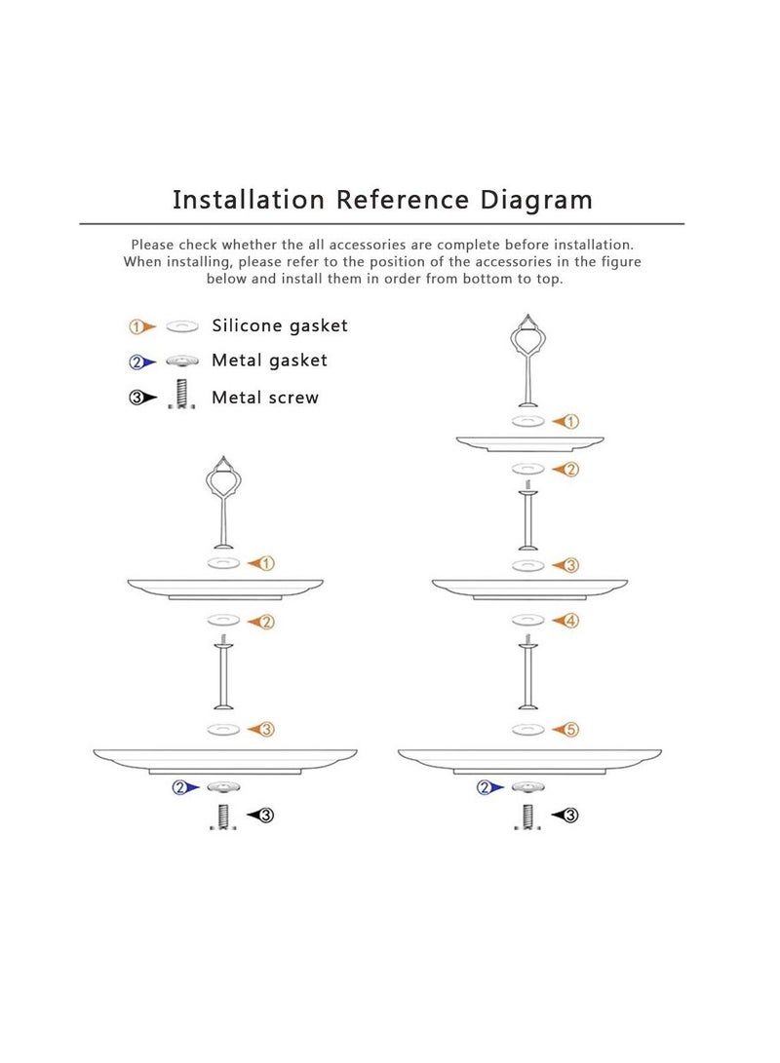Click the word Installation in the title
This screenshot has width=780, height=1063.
pos(248,200)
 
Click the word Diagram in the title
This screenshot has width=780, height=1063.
pos(537,200)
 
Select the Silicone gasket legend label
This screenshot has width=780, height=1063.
pos(279,325)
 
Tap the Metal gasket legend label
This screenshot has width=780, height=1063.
pos(269,361)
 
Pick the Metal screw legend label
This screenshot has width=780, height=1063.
pos(264,397)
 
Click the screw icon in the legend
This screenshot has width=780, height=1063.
pos(179,394)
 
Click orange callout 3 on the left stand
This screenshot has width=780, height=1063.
pos(266,730)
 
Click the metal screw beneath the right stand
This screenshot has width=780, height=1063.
pos(527,816)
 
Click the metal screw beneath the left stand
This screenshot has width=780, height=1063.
pos(222,816)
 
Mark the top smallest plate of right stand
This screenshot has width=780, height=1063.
pos(527,442)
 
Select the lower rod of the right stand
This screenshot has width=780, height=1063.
pos(527,677)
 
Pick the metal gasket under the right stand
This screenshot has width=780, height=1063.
pos(527,787)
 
